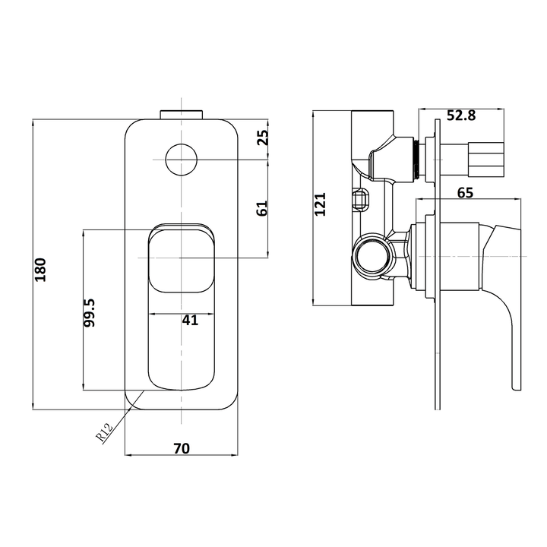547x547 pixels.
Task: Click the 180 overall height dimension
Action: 41,270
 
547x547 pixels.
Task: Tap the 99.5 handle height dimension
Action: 90,312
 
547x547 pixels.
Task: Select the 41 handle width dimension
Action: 190,320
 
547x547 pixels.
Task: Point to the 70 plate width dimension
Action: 181,448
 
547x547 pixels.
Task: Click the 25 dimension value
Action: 262,138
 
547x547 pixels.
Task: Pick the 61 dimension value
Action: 262,208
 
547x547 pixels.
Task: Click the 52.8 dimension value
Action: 461,115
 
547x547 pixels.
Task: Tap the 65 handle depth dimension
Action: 465,192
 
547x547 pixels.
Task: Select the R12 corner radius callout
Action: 105,433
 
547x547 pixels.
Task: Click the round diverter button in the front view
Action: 182,159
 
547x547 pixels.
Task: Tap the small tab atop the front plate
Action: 182,114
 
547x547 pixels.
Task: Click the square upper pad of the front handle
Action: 182,258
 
